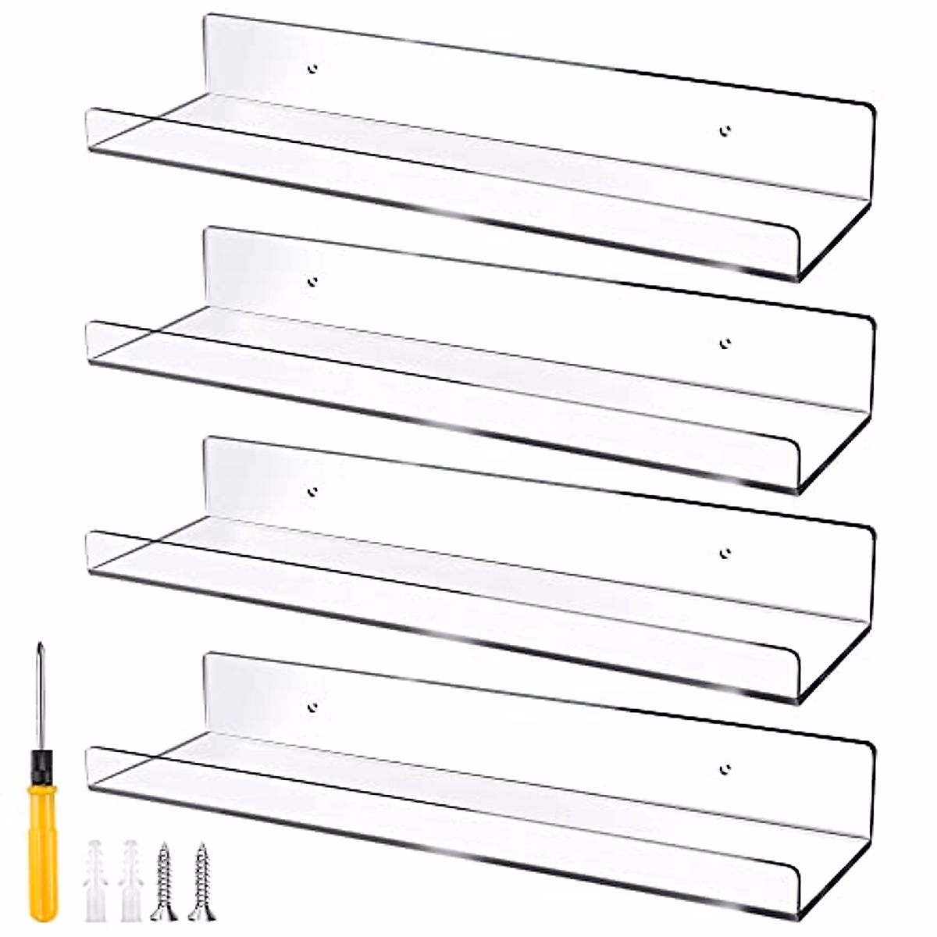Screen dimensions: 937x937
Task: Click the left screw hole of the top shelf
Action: coord(313,69)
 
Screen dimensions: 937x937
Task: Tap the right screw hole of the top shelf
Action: coord(725,130)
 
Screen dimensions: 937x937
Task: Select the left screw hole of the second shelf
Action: coord(313,281)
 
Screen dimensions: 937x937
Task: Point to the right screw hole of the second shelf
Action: coord(725,342)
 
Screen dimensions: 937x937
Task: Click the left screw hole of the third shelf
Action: coord(313,491)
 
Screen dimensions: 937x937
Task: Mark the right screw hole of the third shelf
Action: coord(725,553)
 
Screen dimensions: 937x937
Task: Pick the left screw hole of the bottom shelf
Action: coord(313,707)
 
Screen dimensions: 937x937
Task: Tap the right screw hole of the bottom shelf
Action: coord(725,769)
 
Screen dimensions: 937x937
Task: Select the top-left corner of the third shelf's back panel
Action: coord(208,440)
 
